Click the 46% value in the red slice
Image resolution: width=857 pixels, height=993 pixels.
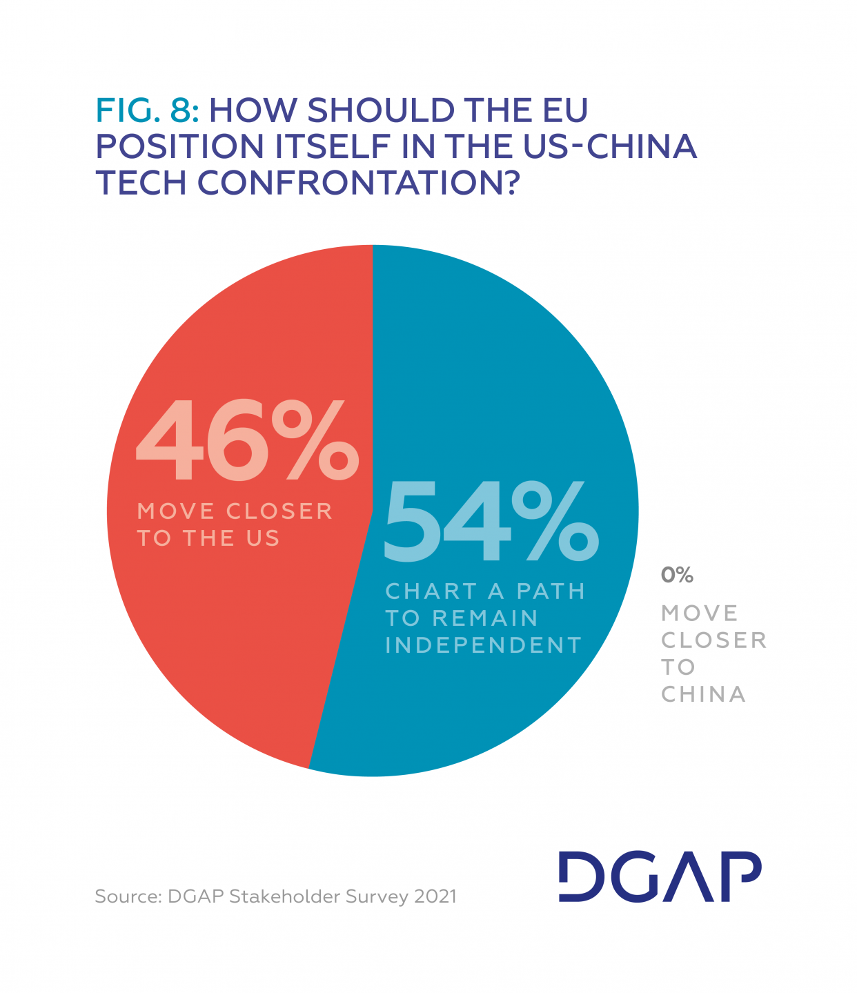[247, 442]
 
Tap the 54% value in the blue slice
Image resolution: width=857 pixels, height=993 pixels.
[490, 522]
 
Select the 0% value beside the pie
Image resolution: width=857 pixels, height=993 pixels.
[677, 575]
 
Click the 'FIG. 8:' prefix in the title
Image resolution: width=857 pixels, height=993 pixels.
[148, 110]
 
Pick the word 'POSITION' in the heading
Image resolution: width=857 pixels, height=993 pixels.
[180, 146]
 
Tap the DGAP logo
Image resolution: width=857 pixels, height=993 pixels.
[659, 876]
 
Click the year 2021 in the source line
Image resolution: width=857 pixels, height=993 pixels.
[435, 896]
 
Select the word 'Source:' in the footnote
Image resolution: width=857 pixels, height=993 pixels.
[128, 896]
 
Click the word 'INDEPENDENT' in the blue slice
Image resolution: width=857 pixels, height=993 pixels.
[484, 645]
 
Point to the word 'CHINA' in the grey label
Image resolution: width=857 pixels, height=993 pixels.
[703, 694]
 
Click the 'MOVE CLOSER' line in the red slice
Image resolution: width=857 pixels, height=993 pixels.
[235, 511]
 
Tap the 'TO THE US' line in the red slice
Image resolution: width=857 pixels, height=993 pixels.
[208, 538]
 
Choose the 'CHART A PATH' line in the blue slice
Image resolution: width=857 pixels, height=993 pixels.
[485, 591]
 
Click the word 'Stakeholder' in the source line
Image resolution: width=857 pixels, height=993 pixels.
[284, 896]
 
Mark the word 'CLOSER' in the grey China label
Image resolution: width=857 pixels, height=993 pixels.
[713, 640]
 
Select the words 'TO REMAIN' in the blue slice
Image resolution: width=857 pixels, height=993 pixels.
[462, 618]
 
